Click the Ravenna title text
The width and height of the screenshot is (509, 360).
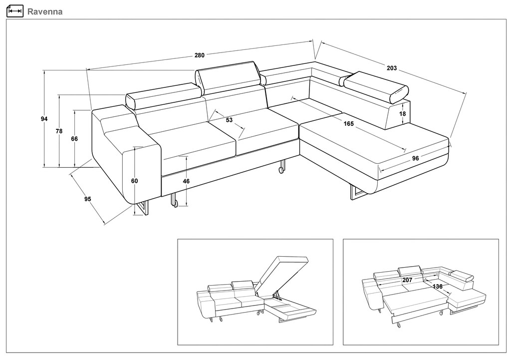45,11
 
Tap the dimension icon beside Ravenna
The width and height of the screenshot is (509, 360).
15,11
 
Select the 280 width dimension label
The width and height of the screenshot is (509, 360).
200,55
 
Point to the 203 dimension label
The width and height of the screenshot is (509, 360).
392,68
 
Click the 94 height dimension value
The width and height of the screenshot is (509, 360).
44,119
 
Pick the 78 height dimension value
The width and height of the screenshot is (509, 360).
59,131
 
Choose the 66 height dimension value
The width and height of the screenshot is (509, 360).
74,139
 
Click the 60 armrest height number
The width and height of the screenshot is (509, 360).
134,181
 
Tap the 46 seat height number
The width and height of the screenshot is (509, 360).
186,181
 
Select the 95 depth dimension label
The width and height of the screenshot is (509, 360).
88,199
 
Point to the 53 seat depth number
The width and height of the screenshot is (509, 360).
229,120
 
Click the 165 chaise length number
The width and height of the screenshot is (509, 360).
348,124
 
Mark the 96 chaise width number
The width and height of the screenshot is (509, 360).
416,159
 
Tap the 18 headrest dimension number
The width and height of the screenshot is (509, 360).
403,114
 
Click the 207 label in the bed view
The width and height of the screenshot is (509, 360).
407,280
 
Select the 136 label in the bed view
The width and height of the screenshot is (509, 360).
437,287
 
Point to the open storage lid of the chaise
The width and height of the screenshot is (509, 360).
282,272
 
